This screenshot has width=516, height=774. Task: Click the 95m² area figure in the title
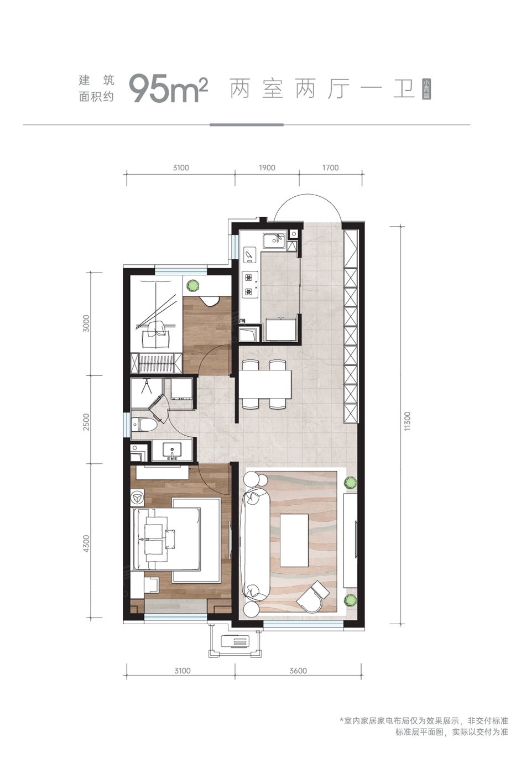(168, 88)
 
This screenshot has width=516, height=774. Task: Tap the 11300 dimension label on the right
(408, 421)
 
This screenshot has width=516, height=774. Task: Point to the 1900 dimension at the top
(267, 168)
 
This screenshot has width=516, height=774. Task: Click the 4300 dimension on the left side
(86, 543)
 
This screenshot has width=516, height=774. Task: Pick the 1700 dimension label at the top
(330, 168)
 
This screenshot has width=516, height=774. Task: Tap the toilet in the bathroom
(142, 424)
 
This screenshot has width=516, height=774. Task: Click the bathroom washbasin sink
(173, 451)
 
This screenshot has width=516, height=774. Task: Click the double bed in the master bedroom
(166, 539)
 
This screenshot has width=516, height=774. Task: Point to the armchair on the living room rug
(313, 596)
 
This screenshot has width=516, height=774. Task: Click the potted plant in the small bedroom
(193, 285)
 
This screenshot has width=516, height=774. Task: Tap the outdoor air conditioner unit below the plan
(236, 641)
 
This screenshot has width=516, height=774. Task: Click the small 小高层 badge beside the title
(426, 89)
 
